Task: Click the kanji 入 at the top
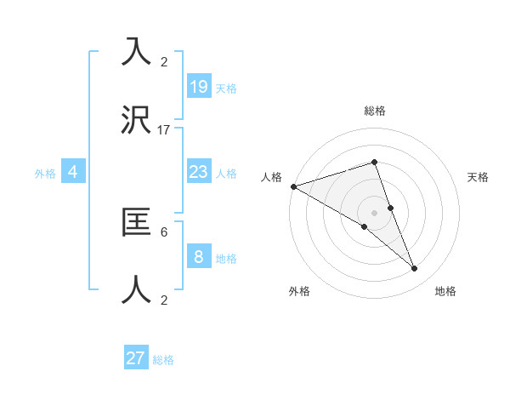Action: (x=136, y=53)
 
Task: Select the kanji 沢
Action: (x=136, y=122)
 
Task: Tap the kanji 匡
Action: (x=136, y=223)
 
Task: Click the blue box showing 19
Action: (x=198, y=86)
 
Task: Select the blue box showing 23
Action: (x=198, y=172)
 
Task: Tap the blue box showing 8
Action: (x=198, y=256)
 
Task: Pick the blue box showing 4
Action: (x=73, y=172)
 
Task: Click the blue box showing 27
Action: (x=136, y=358)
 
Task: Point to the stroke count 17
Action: (x=164, y=130)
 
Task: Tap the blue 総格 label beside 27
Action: (x=163, y=360)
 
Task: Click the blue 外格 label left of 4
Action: (x=45, y=173)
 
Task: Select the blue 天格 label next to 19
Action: (x=226, y=88)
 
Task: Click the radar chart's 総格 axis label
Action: (x=374, y=111)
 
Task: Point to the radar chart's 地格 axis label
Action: (x=445, y=291)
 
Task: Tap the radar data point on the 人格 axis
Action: (x=293, y=186)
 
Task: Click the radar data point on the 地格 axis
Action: (x=415, y=268)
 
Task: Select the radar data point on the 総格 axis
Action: (x=374, y=162)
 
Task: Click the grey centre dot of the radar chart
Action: (x=374, y=212)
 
